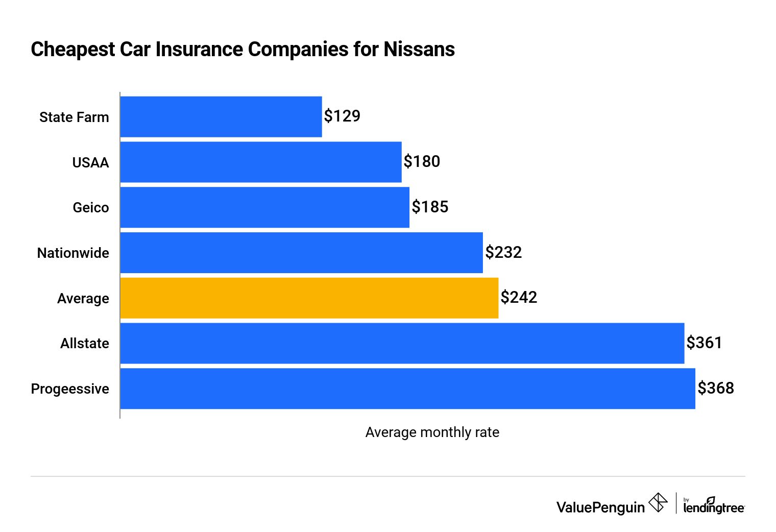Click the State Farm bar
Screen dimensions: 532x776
[x=221, y=117]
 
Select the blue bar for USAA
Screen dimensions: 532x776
[x=261, y=162]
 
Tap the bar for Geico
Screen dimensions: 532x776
[x=265, y=207]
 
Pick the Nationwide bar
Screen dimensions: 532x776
[x=301, y=253]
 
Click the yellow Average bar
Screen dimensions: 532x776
[x=309, y=298]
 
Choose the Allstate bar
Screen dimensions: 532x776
[x=402, y=343]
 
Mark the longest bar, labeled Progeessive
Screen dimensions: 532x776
[x=407, y=389]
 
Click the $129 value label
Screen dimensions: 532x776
[x=342, y=116]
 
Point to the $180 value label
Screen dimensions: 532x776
[x=422, y=162]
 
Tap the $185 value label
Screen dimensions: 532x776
[x=430, y=207]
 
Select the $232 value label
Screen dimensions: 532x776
[x=503, y=252]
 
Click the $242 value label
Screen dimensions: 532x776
[x=519, y=298]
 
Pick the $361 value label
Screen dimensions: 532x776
[x=704, y=343]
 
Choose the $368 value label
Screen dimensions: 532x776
[x=716, y=388]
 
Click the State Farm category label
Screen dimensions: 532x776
[x=74, y=117]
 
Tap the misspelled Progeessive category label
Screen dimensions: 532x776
[x=70, y=389]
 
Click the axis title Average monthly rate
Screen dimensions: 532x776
[x=432, y=432]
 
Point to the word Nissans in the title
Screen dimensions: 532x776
[x=419, y=50]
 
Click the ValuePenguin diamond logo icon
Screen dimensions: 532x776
[x=658, y=502]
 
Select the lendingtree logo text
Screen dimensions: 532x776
[x=714, y=506]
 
